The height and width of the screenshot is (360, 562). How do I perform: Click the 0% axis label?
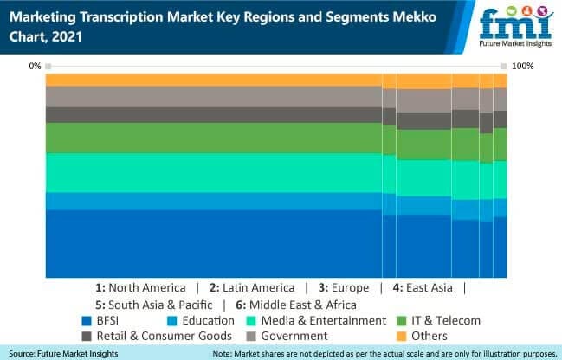(35, 66)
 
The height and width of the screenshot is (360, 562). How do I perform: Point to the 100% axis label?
(524, 66)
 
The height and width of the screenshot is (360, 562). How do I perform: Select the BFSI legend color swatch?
(87, 320)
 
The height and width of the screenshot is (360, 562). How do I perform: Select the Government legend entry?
(290, 336)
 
